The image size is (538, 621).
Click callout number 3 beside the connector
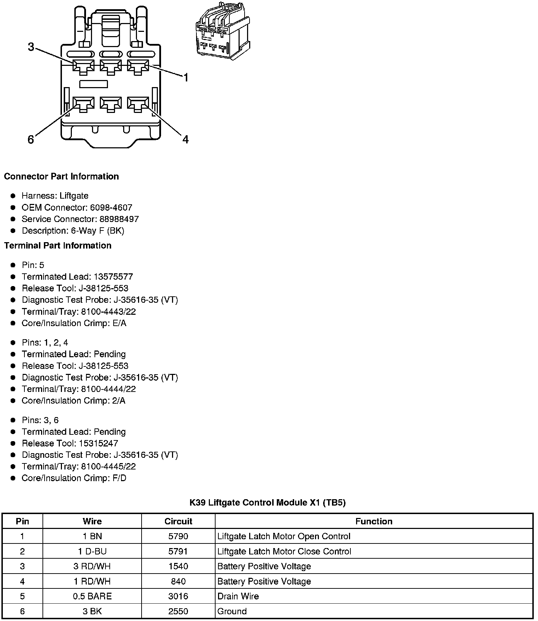tap(31, 47)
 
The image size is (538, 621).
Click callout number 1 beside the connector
tap(185, 78)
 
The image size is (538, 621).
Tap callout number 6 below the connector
tap(31, 140)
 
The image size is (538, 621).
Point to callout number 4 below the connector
tap(185, 139)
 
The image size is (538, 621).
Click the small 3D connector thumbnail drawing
tap(223, 31)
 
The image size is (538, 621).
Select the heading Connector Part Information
tap(61, 176)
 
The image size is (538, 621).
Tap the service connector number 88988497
tap(119, 219)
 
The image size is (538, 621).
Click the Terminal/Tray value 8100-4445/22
tap(108, 466)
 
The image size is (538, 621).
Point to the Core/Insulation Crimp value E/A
tap(119, 323)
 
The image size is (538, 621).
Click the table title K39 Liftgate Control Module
tap(267, 502)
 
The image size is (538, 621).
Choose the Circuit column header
tap(178, 521)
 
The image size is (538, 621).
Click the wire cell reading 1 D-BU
tap(92, 551)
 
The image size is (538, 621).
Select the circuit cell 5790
tap(178, 536)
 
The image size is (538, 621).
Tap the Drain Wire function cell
tap(238, 596)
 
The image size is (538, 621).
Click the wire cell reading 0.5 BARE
tap(92, 596)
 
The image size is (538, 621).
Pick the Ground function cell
tap(232, 611)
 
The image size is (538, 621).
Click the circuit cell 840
tap(178, 581)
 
